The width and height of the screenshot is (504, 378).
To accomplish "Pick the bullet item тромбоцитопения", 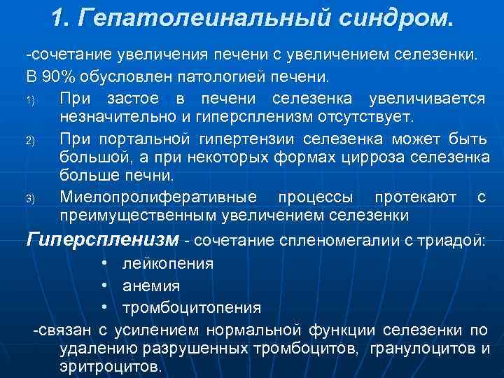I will pyautogui.click(x=192, y=308).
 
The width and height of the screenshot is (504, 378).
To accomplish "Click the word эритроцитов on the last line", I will pyautogui.click(x=111, y=366).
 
